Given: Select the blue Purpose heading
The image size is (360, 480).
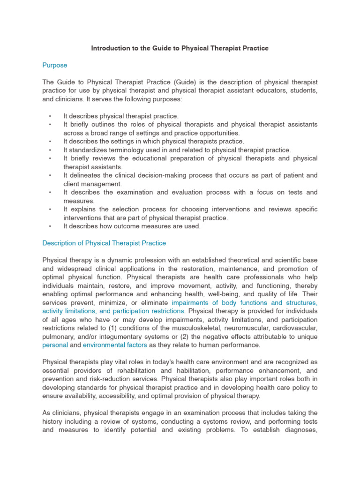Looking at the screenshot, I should (x=55, y=65).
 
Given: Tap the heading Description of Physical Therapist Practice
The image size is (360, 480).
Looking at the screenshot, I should (x=104, y=243).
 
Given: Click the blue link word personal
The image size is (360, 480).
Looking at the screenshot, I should (x=55, y=345).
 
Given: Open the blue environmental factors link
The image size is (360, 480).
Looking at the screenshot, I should (x=115, y=345).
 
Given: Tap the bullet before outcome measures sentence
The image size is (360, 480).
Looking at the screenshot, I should (x=49, y=226).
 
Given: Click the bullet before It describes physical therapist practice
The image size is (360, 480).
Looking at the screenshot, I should (x=49, y=116).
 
